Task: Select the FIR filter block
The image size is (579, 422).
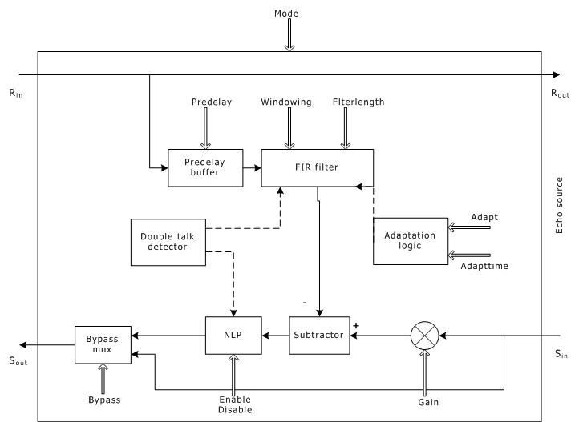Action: click(317, 168)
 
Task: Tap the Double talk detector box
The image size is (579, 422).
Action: click(168, 241)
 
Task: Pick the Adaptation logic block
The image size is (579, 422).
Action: click(409, 240)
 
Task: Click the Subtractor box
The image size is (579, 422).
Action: click(320, 335)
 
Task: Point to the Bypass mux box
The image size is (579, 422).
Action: click(102, 345)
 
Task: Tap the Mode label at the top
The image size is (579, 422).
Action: click(286, 14)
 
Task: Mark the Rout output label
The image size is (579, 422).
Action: click(559, 93)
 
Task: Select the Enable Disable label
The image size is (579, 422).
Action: click(236, 404)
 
